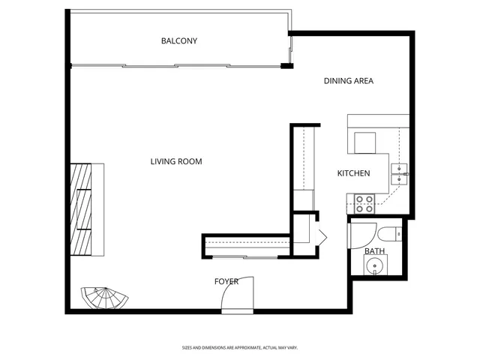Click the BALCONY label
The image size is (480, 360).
tap(179, 40)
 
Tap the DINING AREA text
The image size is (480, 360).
tap(348, 81)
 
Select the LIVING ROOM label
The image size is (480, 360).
tap(175, 161)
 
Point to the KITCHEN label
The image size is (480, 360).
tap(353, 173)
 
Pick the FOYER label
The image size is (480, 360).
tap(226, 281)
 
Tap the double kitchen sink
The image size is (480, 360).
tap(400, 173)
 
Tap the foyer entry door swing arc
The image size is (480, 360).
tap(238, 294)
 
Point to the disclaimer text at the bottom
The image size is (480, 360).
tap(239, 347)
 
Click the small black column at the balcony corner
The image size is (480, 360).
tap(286, 67)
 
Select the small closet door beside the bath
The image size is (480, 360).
tap(322, 238)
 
